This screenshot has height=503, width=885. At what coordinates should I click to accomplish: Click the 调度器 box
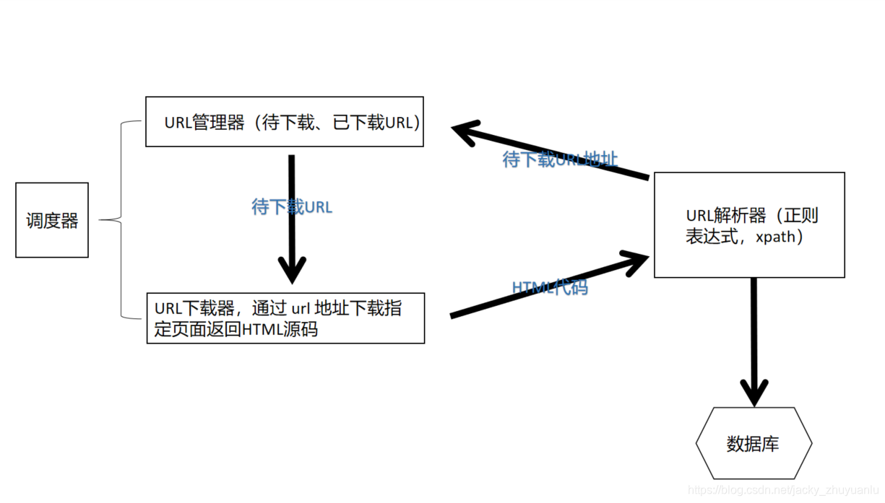coord(52,220)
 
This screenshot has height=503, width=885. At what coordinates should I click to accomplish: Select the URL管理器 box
coord(285,122)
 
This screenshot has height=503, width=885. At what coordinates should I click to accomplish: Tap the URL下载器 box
coord(285,318)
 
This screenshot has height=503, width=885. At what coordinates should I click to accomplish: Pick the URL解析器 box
coord(749,225)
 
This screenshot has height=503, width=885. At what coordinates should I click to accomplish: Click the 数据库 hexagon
coord(754,443)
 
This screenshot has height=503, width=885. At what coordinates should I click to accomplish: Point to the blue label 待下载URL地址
coord(560,159)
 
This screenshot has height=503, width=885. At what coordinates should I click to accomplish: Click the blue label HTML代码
coord(550,287)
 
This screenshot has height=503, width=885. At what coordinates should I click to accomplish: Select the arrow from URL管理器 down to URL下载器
coord(292,216)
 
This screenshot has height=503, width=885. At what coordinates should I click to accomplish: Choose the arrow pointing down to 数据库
coord(754,339)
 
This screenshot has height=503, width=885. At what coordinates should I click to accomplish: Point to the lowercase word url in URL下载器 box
coord(300,309)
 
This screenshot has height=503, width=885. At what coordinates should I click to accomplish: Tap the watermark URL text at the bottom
coord(784,491)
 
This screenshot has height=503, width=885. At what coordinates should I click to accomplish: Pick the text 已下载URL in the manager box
coord(373,122)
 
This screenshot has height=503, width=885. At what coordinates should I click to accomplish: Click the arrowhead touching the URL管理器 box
coord(466,132)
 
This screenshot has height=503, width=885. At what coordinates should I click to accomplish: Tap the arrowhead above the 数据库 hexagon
coord(754,393)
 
